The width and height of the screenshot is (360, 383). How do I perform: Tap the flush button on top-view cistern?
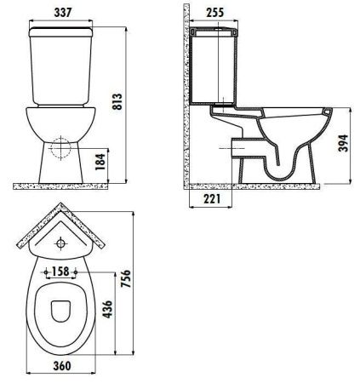coord(61,244)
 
